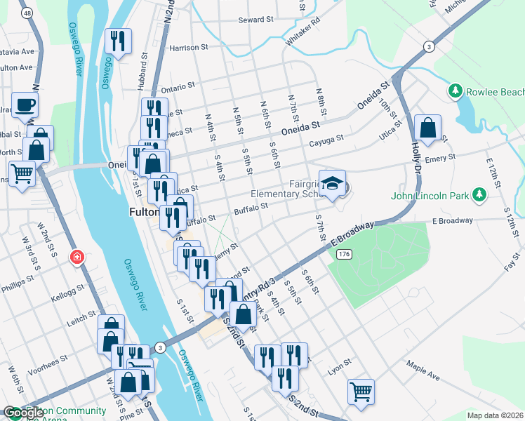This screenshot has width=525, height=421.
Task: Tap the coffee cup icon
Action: pyautogui.click(x=25, y=105)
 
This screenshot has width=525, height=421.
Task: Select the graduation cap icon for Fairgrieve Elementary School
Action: pyautogui.click(x=332, y=184)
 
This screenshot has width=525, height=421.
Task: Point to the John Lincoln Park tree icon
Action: pyautogui.click(x=479, y=194)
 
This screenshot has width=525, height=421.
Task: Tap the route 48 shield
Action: pyautogui.click(x=27, y=13)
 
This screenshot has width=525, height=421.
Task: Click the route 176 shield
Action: pyautogui.click(x=343, y=253)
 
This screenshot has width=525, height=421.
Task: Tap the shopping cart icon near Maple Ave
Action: pyautogui.click(x=361, y=392)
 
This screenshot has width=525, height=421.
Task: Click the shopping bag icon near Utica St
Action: pyautogui.click(x=427, y=128)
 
